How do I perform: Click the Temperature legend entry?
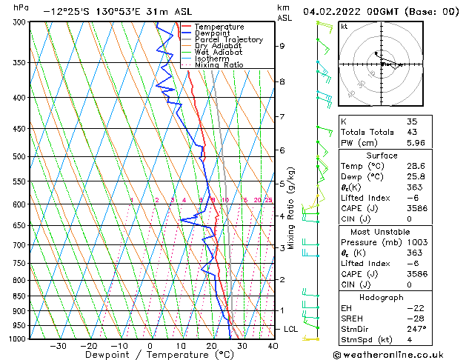tap(218, 27)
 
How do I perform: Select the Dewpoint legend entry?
tap(213, 33)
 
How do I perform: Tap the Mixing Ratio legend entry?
tap(219, 65)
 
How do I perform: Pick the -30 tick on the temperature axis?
tap(58, 346)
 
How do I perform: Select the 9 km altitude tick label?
tap(282, 46)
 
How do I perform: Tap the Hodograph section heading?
tap(382, 296)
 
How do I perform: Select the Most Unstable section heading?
tap(382, 231)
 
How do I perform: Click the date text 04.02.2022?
tap(331, 12)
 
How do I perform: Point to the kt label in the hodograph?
tap(344, 26)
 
